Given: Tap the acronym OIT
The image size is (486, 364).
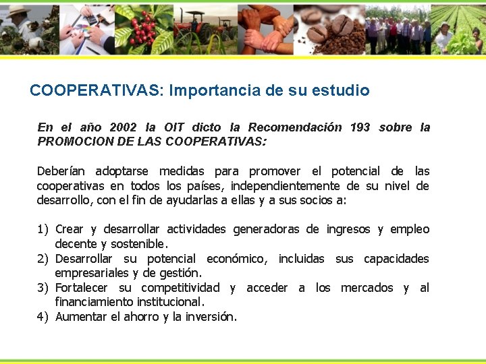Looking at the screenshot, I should click(173, 127).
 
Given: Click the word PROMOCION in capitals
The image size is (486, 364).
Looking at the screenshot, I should click(71, 142).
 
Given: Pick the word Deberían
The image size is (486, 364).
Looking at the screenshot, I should click(62, 171).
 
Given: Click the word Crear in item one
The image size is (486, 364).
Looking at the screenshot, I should click(69, 229).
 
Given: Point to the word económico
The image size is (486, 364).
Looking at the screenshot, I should click(237, 259).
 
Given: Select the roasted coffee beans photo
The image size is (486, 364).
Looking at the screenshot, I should click(331, 30).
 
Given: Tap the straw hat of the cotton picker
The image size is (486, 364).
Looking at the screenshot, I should click(17, 11).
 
